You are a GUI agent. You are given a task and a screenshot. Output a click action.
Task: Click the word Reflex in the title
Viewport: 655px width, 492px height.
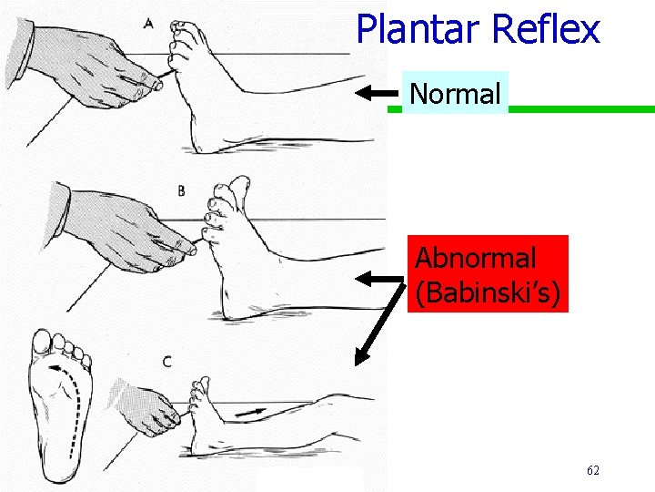point(545,29)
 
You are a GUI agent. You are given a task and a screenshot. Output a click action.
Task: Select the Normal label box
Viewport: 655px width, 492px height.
point(455,93)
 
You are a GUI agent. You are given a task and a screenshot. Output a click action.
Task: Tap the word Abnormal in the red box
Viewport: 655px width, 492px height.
point(475,258)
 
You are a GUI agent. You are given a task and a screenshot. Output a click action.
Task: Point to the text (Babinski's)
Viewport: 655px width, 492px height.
point(488,293)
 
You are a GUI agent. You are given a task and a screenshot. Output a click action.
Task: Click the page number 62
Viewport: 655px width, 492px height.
point(593,470)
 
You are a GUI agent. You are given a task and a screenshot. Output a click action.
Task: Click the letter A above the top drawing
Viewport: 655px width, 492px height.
point(148,23)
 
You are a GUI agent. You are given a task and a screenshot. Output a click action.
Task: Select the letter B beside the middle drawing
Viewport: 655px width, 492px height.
point(181,190)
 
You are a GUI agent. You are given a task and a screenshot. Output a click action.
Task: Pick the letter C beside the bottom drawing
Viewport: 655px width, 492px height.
point(167,361)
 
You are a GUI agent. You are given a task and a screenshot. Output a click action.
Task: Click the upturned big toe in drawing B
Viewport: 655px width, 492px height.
point(238,190)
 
